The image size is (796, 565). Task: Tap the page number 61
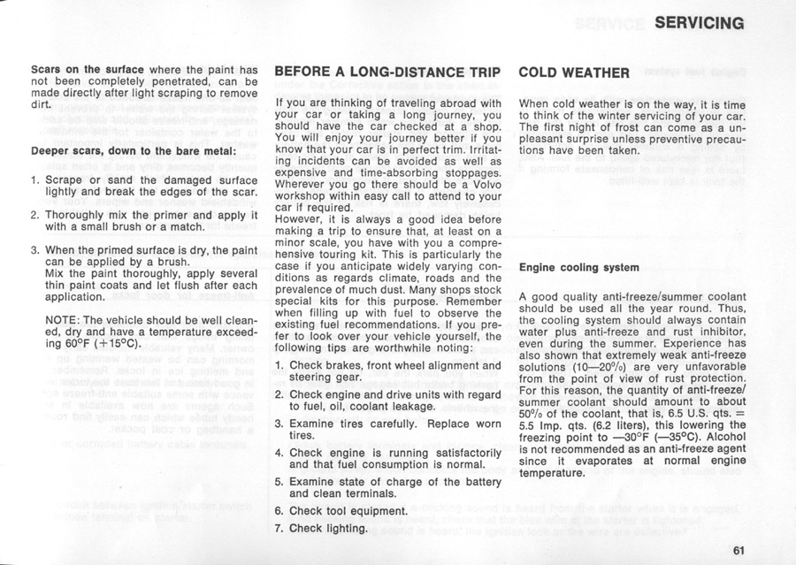(x=739, y=549)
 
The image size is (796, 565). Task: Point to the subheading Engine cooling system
(x=578, y=266)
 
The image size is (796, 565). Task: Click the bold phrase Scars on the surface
(x=87, y=69)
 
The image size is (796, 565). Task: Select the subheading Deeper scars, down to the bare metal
(x=134, y=150)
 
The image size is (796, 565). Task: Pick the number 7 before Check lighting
(x=278, y=529)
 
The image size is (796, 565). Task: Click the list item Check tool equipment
(x=348, y=511)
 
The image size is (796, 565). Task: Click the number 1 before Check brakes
(x=278, y=365)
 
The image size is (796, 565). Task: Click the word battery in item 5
(x=483, y=482)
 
